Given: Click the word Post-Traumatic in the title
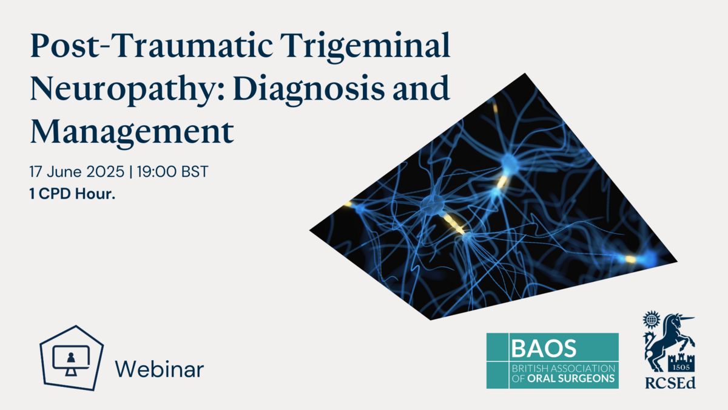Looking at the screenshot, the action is pyautogui.click(x=152, y=46).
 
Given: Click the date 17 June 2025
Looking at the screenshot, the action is pyautogui.click(x=76, y=171).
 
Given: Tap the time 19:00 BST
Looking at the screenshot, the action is pyautogui.click(x=172, y=171).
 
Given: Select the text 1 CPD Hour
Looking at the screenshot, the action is pyautogui.click(x=72, y=194).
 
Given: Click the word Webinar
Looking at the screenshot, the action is pyautogui.click(x=159, y=369).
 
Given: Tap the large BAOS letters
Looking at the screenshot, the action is pyautogui.click(x=544, y=348).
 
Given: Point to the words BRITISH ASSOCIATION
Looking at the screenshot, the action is pyautogui.click(x=564, y=369).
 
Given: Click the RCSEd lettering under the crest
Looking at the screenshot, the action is pyautogui.click(x=670, y=383).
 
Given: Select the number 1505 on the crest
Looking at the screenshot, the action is pyautogui.click(x=681, y=367).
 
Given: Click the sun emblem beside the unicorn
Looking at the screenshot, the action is pyautogui.click(x=651, y=319).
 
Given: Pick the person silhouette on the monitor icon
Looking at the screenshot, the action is pyautogui.click(x=71, y=358).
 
